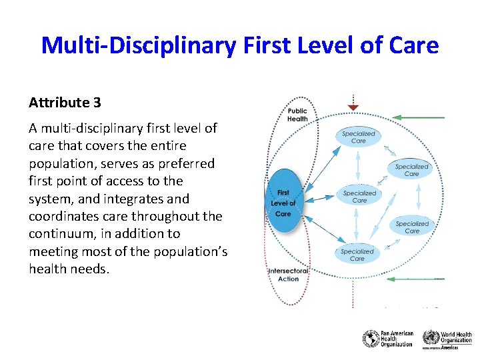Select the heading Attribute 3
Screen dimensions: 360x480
click(x=65, y=103)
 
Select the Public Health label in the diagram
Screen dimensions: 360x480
click(x=297, y=115)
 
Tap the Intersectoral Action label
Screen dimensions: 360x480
click(x=288, y=275)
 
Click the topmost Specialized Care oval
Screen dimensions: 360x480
click(x=359, y=137)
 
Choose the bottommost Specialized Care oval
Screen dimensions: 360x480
click(x=357, y=255)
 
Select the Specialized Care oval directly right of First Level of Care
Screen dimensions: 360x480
click(x=359, y=196)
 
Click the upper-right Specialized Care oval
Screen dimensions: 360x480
click(x=411, y=169)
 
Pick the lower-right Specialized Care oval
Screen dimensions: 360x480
click(x=412, y=227)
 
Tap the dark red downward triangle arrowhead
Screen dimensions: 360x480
click(x=353, y=107)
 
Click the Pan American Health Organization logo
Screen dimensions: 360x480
click(x=388, y=339)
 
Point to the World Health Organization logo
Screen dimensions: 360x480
click(x=447, y=339)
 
